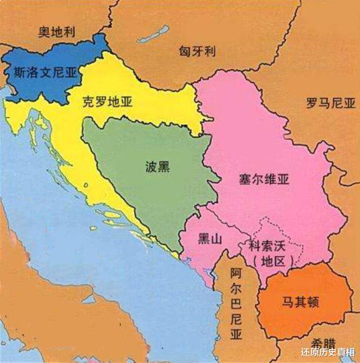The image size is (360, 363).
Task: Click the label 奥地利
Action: coord(57,31)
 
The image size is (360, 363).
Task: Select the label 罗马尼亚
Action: coord(331,103)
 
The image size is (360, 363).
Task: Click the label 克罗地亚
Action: coord(107,102)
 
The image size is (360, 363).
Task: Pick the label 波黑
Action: coord(156,167)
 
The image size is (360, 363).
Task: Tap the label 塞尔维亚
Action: coord(264,180)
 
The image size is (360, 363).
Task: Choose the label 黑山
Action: coord(210,239)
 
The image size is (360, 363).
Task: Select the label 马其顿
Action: coord(300,302)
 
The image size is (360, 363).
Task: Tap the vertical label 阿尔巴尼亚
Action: coord(236,304)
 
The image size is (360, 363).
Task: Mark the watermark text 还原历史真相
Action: coord(327,353)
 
